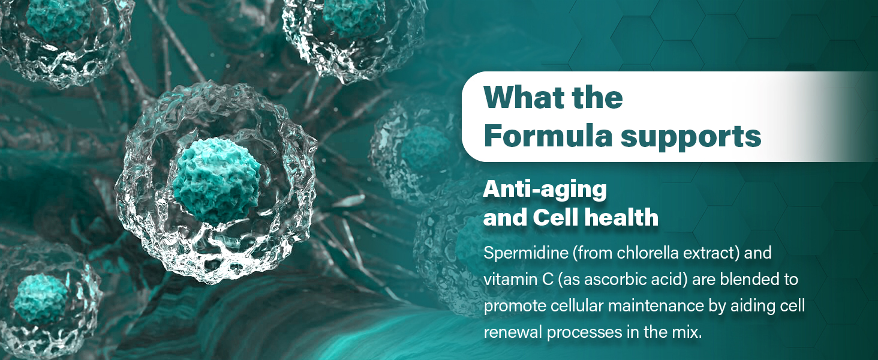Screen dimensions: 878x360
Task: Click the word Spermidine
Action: click(526, 253)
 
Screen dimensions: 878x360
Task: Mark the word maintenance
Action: click(656, 306)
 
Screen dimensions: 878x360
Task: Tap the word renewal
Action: click(513, 332)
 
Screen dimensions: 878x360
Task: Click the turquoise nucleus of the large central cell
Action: click(217, 180)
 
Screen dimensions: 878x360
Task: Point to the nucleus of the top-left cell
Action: click(59, 20)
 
